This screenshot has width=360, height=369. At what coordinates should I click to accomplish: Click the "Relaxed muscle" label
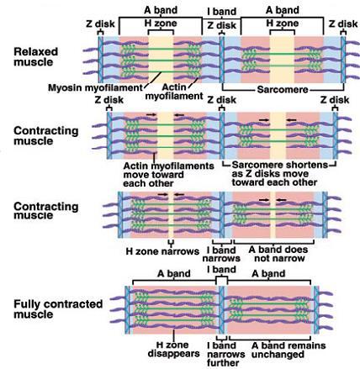click(35, 57)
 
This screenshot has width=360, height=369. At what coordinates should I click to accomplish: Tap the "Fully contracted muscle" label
click(58, 308)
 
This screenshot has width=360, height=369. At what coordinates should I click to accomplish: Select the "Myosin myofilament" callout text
click(95, 87)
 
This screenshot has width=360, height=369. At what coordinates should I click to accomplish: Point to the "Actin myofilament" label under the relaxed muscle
click(174, 92)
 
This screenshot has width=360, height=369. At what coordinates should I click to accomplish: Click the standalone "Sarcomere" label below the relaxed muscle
click(283, 90)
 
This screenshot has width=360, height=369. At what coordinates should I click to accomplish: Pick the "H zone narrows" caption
click(162, 251)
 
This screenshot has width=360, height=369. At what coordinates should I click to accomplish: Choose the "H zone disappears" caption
click(173, 349)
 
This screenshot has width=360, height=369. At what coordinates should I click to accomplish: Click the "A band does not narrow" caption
click(278, 254)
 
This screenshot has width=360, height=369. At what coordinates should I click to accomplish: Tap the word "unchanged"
click(278, 355)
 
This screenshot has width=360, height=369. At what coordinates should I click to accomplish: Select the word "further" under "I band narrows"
click(223, 363)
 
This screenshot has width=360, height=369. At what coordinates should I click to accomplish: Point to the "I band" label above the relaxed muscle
click(221, 12)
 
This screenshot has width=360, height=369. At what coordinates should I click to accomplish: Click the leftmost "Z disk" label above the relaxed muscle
click(100, 24)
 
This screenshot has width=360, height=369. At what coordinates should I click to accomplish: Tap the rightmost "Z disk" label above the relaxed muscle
click(343, 24)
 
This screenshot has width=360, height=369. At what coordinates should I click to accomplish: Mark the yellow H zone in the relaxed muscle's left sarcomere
click(161, 60)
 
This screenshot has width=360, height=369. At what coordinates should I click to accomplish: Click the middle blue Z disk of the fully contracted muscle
click(222, 310)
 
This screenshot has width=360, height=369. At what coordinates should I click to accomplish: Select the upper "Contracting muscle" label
click(45, 135)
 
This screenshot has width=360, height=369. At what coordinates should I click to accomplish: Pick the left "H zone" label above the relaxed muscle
click(161, 24)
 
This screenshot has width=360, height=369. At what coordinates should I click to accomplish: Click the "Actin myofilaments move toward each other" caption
click(168, 175)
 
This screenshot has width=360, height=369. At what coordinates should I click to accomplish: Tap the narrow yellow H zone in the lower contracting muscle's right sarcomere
click(273, 215)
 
